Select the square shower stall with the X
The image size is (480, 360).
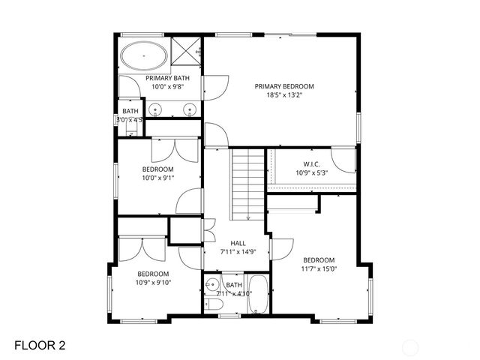(186, 53)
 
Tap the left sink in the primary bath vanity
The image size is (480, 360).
(156, 110)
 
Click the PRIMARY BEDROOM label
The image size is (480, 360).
(283, 86)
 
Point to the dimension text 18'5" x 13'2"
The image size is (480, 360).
(283, 95)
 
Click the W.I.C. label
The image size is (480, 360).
(312, 164)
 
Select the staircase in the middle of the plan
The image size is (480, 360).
(247, 184)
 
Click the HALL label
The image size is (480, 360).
(238, 243)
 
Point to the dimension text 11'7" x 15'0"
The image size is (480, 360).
(319, 268)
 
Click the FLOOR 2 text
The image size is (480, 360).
(40, 345)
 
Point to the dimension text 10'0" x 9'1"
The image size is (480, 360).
(157, 178)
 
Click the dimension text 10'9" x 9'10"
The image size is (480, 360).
(153, 283)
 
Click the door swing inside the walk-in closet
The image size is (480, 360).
(343, 158)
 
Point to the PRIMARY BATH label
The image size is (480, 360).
(167, 78)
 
